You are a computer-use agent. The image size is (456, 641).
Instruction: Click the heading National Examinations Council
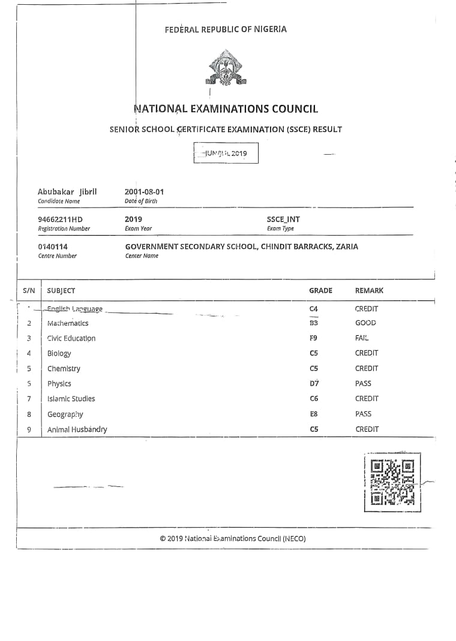(226, 109)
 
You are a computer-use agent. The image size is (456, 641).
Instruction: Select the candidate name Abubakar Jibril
(67, 192)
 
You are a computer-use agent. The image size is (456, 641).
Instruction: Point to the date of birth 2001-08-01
(144, 192)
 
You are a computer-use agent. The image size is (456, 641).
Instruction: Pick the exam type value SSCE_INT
(283, 219)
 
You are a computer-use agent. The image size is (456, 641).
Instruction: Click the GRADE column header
(320, 291)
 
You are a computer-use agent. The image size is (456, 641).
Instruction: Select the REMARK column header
(369, 291)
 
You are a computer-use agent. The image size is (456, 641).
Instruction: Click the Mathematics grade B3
(313, 323)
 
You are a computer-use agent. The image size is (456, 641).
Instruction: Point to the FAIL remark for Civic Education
(362, 338)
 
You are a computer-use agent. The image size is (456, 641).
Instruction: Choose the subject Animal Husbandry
(77, 429)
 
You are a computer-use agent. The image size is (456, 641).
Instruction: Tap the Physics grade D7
(314, 384)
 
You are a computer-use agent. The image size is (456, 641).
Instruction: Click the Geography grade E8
(314, 414)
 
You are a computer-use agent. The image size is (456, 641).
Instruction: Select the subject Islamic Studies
(71, 399)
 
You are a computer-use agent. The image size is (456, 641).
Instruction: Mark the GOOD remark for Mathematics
(365, 323)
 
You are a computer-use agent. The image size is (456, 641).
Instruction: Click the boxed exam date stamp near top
(226, 154)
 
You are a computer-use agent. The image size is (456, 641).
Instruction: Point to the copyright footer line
(233, 538)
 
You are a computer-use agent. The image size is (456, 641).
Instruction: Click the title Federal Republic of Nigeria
(226, 29)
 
